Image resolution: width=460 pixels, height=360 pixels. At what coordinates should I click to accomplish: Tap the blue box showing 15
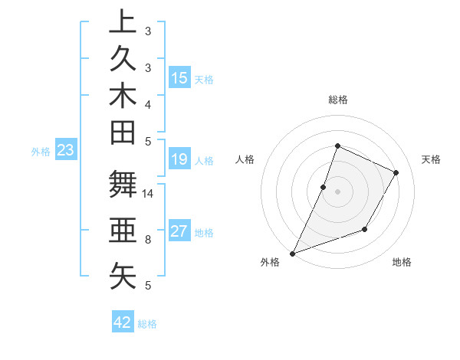tap(179, 78)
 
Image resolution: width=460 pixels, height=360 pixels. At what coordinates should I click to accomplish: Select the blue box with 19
tap(179, 160)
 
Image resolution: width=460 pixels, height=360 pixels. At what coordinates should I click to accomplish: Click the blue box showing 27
tap(179, 232)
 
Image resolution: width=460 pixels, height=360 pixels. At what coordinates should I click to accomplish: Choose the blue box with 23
tap(66, 151)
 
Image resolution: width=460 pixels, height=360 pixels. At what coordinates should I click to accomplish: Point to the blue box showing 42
tap(123, 322)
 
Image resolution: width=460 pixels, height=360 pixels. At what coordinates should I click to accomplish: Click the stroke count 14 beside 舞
tap(149, 194)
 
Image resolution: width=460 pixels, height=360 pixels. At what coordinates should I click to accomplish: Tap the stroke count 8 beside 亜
tap(148, 240)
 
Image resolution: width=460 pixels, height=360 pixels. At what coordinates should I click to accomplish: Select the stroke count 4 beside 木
tap(148, 103)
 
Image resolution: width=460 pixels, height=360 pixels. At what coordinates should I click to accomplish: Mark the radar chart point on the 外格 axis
tap(292, 254)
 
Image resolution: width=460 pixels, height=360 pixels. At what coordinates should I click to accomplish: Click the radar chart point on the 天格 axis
tap(396, 172)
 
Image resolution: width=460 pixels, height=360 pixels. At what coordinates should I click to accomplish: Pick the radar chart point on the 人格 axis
tap(324, 187)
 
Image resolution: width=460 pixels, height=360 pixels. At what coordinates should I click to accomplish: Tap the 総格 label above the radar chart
tap(337, 100)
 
